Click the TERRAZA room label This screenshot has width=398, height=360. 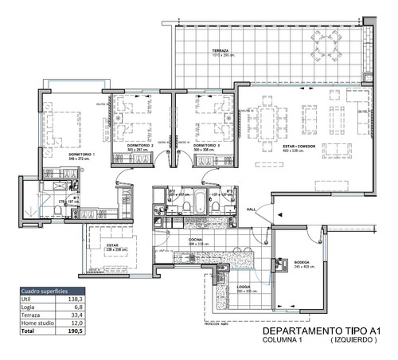click(x=220, y=52)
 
